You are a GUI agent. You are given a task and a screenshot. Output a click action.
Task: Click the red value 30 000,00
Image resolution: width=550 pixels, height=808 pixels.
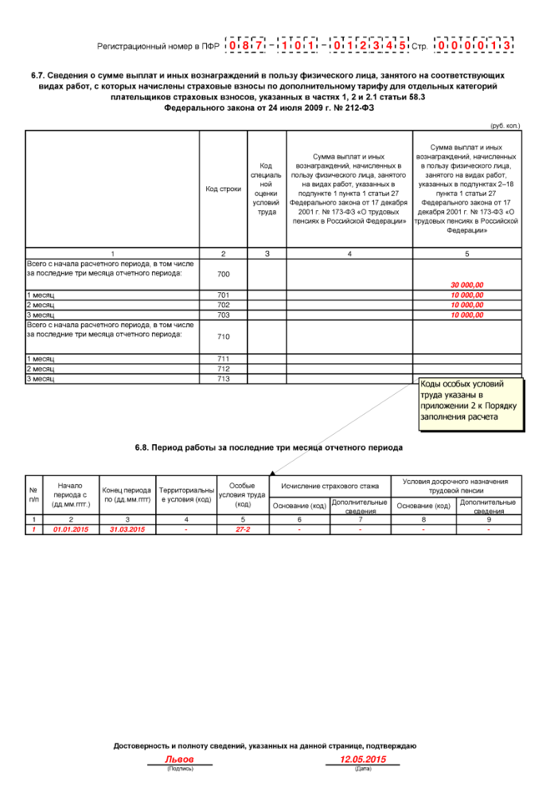tap(467, 285)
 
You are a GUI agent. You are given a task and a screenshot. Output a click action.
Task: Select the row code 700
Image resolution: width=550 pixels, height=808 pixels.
tap(223, 274)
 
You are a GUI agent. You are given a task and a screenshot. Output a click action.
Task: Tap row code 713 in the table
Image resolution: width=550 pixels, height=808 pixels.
tap(223, 378)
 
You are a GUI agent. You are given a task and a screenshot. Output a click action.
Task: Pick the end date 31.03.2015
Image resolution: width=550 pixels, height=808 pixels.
tap(127, 529)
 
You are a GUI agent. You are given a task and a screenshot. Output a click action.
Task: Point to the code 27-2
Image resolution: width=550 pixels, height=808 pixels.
tap(243, 529)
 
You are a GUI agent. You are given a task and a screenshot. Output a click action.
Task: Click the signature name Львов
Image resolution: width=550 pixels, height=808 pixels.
tap(179, 760)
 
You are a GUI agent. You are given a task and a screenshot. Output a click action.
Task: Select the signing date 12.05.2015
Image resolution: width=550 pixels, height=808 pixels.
tap(363, 760)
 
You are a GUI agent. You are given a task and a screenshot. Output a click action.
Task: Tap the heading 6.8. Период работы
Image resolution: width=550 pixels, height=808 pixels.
tap(269, 447)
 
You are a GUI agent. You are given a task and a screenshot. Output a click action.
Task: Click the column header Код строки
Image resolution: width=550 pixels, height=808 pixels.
tap(223, 189)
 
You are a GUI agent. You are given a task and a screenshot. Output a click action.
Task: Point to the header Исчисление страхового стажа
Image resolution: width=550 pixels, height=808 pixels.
tap(331, 485)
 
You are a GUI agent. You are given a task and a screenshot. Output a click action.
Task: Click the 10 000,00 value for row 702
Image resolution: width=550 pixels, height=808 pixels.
tap(467, 305)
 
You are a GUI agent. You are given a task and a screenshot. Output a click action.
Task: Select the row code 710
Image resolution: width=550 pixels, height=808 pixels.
tap(223, 336)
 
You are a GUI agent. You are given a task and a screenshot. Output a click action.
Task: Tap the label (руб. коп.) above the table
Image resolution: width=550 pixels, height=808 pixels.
tap(505, 125)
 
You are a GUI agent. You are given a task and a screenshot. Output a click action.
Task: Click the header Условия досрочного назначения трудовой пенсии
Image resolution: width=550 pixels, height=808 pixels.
tap(455, 485)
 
